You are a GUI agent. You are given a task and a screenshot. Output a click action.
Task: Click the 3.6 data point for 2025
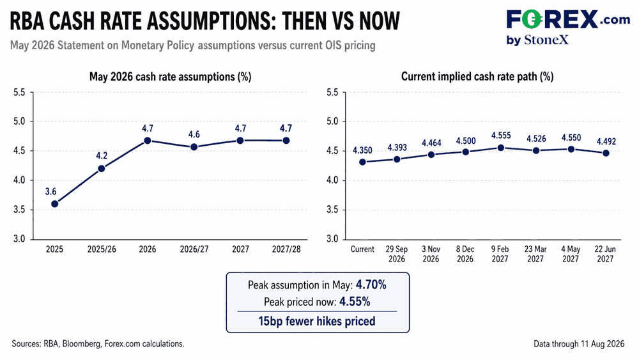pos(54,204)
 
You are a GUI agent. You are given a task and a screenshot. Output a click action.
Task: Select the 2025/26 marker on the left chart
pos(102,168)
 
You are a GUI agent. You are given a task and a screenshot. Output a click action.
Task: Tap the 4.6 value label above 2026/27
pos(194,134)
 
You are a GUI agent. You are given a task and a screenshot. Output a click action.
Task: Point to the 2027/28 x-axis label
pos(286,249)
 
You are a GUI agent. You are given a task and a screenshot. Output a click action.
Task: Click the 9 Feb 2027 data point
pos(501,148)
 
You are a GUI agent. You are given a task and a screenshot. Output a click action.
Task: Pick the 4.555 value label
pos(501,136)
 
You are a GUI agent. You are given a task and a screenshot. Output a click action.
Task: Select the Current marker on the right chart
pos(362,162)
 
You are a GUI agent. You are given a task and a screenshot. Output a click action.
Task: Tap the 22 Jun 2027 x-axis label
pos(605,254)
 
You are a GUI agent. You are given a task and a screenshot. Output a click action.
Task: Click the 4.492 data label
pos(606,141)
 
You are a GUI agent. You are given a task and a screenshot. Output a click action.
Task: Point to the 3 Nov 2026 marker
pos(431,155)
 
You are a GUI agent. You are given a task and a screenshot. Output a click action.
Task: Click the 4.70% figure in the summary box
pos(371,285)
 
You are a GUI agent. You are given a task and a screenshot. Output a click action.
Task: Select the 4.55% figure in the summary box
pos(355,302)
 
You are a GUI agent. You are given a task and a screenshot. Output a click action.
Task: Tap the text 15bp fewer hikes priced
pos(317,321)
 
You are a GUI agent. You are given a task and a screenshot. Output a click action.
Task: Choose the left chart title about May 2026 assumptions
pos(171,77)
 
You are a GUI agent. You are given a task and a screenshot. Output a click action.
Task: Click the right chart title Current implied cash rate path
pos(477,76)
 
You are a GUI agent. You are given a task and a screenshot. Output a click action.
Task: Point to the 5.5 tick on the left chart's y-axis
pos(19,93)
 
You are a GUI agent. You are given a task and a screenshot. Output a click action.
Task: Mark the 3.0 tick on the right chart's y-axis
pos(332,239)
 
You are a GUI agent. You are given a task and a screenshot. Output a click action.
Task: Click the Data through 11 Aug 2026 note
pos(579,343)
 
